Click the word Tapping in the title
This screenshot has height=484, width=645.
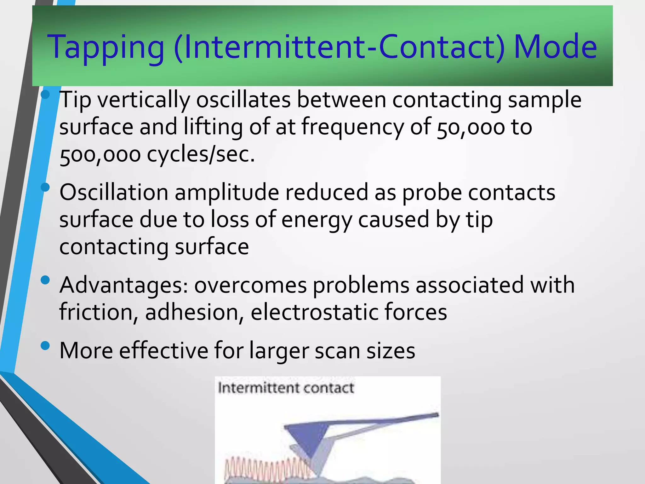(106, 47)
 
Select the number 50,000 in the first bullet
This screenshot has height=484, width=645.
(471, 127)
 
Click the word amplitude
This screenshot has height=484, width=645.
(227, 193)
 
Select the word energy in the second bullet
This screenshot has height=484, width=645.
(317, 220)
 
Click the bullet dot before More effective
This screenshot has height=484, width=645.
(45, 346)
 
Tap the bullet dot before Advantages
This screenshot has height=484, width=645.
(45, 280)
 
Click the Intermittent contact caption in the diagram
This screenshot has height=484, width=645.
(286, 388)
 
